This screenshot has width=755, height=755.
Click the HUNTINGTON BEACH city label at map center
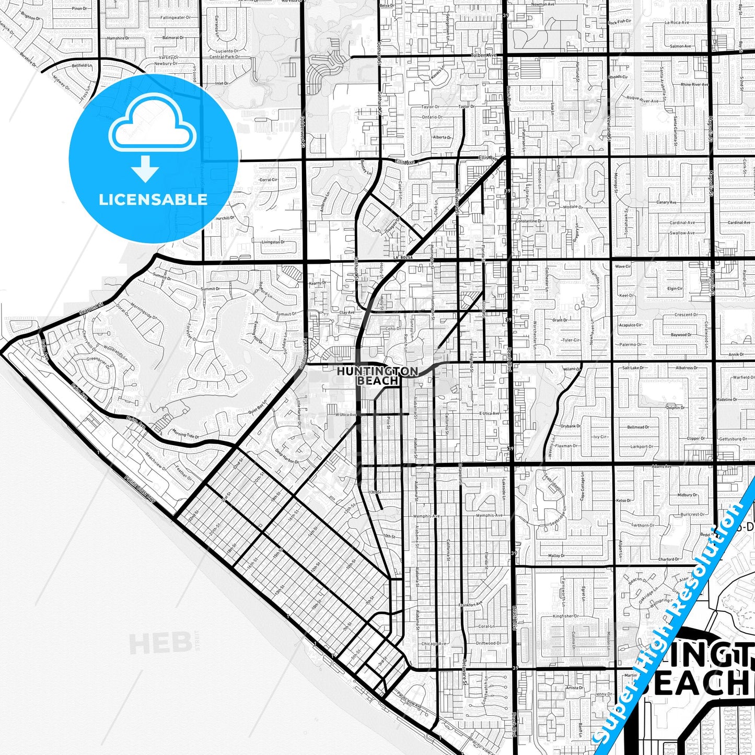[x=377, y=376]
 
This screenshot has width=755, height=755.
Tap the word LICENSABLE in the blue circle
[x=153, y=199]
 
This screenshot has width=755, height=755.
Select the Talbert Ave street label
[x=483, y=55]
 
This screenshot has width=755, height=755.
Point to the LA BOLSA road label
[x=403, y=257]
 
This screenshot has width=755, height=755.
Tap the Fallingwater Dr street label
[x=173, y=18]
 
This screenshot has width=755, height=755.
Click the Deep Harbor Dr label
[x=287, y=458]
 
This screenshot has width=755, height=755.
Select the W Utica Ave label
[x=345, y=414]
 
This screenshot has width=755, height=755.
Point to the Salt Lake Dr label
[x=633, y=368]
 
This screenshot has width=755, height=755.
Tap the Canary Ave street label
[x=666, y=202]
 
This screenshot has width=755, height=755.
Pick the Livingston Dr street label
[x=273, y=242]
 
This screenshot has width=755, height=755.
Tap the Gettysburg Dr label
[x=732, y=439]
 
